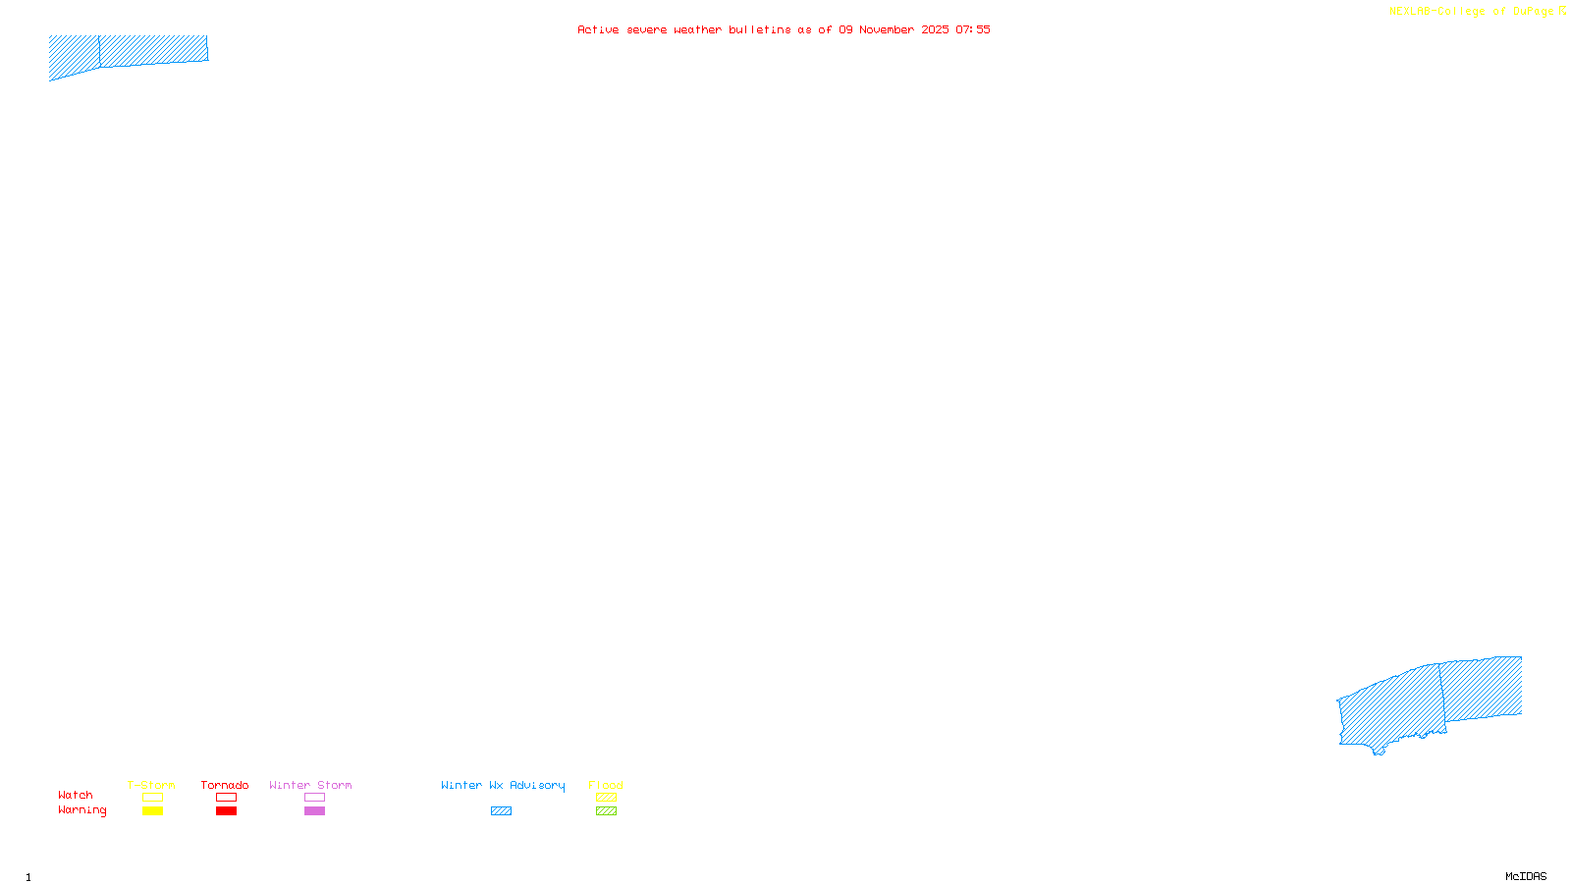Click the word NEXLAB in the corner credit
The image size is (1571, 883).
[x=1410, y=12]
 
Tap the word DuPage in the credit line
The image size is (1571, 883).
[x=1534, y=12]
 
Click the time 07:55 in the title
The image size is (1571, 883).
[x=973, y=29]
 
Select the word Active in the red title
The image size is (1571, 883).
[x=598, y=29]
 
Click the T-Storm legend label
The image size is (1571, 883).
[x=151, y=785]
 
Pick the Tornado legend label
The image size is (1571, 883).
[x=225, y=785]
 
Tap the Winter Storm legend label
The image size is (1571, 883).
[x=310, y=785]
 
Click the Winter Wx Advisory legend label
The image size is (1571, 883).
[x=503, y=785]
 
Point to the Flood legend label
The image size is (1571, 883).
[x=606, y=785]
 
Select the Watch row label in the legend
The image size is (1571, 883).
[x=76, y=795]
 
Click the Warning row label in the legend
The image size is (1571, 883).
[x=82, y=810]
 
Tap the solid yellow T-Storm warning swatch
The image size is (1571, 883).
[x=152, y=811]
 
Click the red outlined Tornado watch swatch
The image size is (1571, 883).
[x=226, y=798]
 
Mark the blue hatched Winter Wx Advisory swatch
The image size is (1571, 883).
[x=501, y=811]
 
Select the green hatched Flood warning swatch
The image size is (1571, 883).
[x=606, y=811]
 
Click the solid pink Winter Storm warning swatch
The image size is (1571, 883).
[x=314, y=811]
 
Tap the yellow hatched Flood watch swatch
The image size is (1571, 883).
[x=606, y=798]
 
